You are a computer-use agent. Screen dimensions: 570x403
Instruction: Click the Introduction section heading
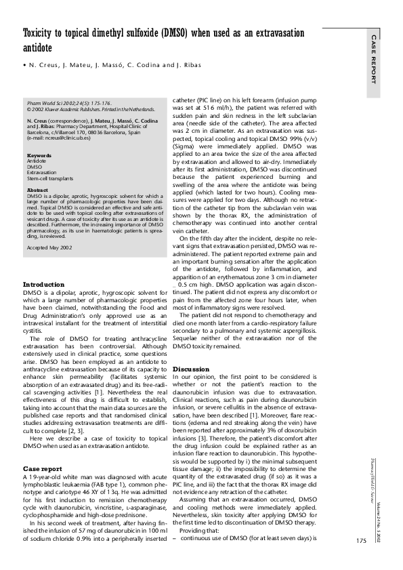coord(44,303)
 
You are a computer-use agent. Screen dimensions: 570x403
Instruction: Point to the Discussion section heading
coord(192,369)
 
